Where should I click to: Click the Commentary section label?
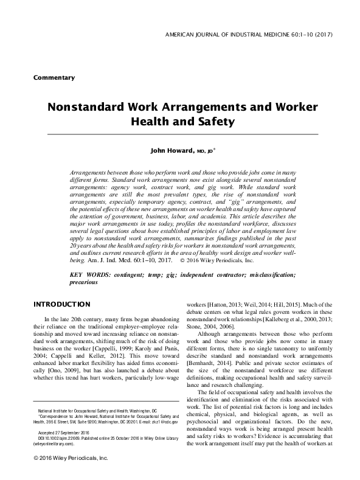54,78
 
